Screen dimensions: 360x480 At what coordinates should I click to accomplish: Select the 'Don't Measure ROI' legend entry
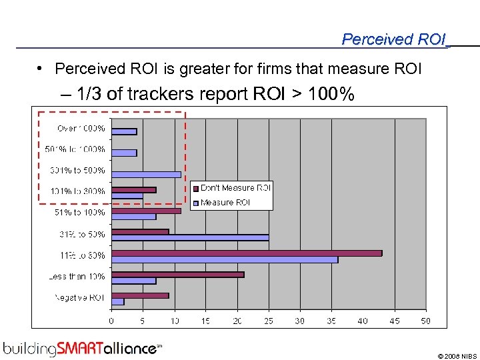point(235,188)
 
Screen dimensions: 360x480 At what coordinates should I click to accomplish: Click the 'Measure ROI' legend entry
point(225,202)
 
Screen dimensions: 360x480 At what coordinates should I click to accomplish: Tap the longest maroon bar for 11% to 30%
point(246,253)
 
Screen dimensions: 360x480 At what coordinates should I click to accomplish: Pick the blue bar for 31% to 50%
point(189,237)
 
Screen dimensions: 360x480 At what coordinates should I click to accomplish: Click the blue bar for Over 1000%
point(124,131)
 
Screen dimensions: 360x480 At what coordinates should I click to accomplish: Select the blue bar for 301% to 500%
point(145,174)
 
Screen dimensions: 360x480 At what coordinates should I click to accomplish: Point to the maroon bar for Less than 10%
point(177,274)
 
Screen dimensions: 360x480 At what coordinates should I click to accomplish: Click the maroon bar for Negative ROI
point(140,295)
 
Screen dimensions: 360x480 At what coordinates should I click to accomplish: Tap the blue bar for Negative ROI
point(117,301)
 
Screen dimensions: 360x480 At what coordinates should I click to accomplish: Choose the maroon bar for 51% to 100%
point(146,211)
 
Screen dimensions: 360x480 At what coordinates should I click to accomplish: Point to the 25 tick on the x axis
point(268,321)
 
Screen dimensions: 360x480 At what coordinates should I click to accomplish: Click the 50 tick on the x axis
point(425,321)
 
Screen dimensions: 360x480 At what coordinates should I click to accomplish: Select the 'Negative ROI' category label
point(79,297)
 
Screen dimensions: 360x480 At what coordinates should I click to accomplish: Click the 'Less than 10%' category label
point(77,276)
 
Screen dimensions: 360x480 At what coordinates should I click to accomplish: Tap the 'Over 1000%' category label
point(81,128)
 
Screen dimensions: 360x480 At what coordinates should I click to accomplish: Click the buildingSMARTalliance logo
point(81,348)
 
